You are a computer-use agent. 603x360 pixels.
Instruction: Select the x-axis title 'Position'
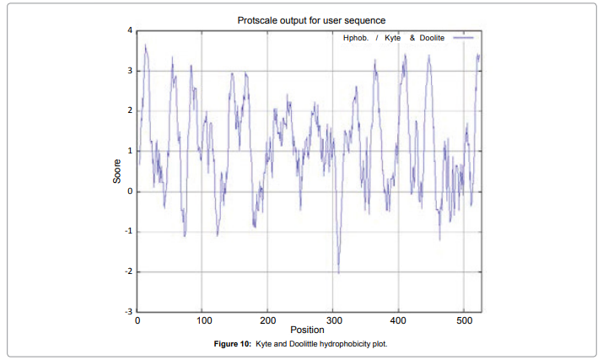click(307, 330)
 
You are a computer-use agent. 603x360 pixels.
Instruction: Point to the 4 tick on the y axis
click(129, 30)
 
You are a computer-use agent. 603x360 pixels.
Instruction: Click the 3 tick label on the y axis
click(129, 71)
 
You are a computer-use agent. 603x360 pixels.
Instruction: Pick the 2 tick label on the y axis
click(129, 110)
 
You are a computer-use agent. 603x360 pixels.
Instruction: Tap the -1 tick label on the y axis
click(128, 232)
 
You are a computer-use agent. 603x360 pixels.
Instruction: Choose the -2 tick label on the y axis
click(128, 272)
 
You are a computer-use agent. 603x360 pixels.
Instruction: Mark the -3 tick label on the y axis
click(128, 312)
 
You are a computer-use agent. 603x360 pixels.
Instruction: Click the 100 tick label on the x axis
click(203, 321)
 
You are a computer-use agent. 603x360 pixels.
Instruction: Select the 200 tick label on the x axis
click(268, 321)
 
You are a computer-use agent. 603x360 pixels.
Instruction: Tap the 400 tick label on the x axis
click(398, 321)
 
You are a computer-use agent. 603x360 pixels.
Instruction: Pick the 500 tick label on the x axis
click(464, 321)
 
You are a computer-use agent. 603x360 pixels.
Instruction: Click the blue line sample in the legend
click(462, 39)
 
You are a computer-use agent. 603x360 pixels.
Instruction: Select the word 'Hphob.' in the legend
click(355, 39)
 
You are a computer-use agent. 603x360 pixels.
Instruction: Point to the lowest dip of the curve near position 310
click(339, 273)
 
